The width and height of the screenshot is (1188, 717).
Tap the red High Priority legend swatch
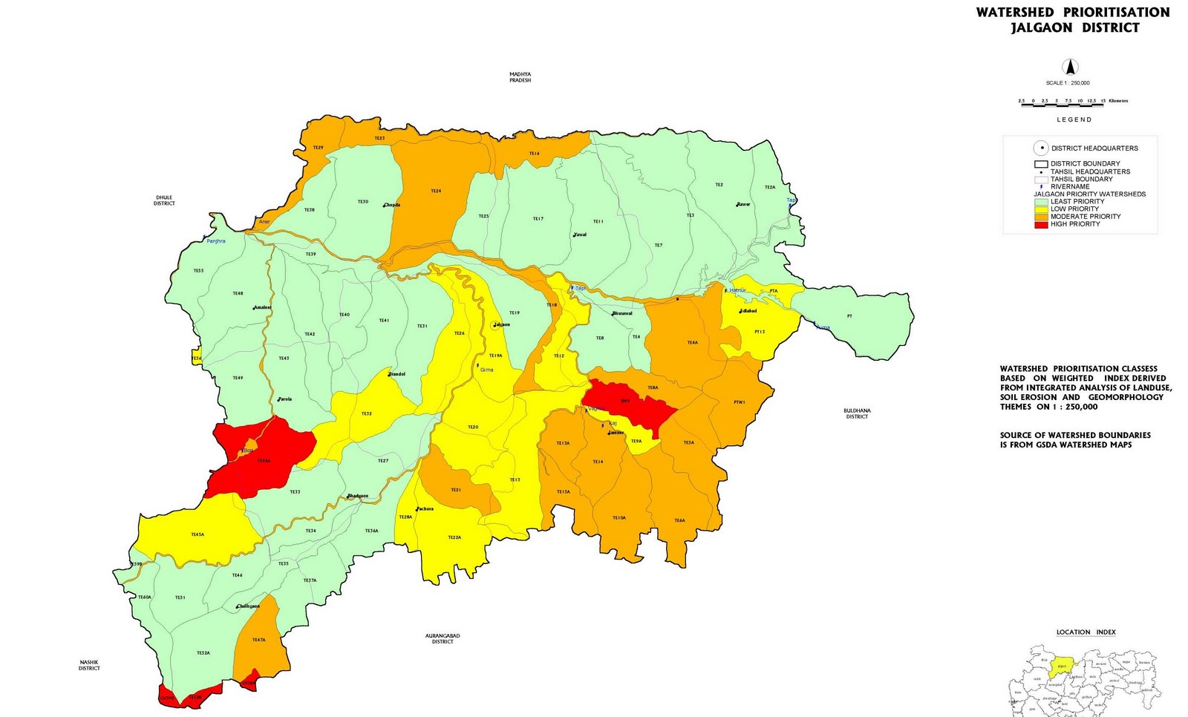point(1041,224)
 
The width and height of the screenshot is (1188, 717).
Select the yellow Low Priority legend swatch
point(1041,209)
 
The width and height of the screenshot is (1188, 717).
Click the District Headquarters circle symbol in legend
point(1042,148)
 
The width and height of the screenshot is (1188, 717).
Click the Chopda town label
point(391,205)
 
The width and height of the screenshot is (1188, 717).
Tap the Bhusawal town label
point(622,313)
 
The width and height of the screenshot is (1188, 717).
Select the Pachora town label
point(425,508)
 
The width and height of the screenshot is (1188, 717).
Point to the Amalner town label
point(262,307)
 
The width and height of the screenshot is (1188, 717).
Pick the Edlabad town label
point(748,311)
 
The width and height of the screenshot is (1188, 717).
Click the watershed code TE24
point(436,191)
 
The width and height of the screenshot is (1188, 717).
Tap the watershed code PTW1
point(739,402)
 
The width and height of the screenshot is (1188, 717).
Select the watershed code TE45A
point(198,534)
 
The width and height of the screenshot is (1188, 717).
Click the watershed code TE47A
point(258,640)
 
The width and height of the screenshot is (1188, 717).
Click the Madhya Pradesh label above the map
point(520,77)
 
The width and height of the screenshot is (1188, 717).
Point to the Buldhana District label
point(857,413)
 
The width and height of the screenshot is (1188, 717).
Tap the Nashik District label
point(89,665)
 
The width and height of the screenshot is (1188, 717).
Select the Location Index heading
point(1086,632)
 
